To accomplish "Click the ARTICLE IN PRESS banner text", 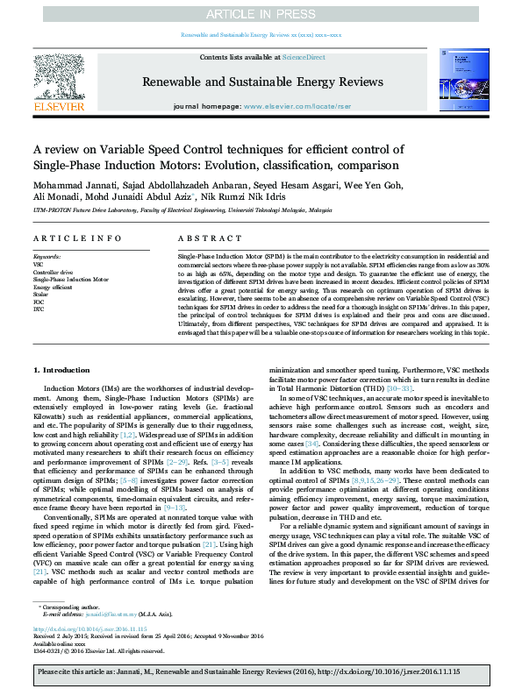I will [x=261, y=14].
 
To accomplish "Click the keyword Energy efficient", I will [x=54, y=287].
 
